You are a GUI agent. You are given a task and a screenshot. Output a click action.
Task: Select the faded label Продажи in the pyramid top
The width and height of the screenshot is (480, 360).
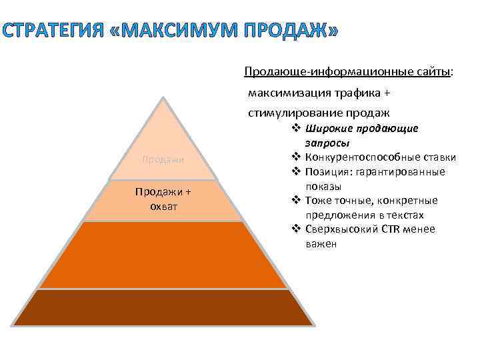click(x=163, y=159)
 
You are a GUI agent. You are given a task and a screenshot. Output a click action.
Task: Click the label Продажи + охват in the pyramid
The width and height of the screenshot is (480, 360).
click(x=163, y=198)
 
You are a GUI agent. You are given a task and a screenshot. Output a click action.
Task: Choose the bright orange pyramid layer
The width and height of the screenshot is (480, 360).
click(x=163, y=255)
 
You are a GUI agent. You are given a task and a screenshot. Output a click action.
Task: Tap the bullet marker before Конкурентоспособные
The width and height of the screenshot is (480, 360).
click(x=297, y=157)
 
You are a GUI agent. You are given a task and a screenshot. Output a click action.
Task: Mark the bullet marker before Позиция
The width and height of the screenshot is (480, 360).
click(x=297, y=172)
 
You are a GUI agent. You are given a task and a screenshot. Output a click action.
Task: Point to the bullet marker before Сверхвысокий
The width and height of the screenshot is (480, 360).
click(x=297, y=229)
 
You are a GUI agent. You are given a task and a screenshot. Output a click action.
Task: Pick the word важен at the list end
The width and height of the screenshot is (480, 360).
click(x=322, y=244)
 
